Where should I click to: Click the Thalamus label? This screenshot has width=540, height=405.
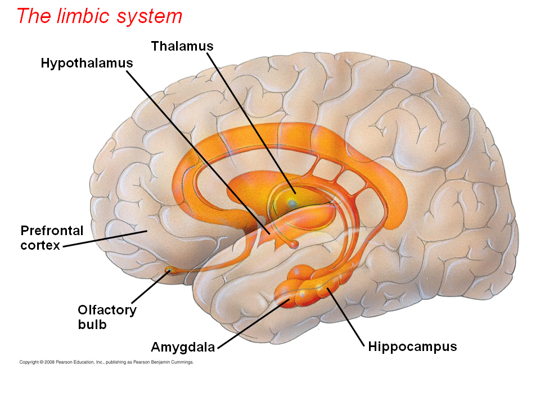click(x=182, y=46)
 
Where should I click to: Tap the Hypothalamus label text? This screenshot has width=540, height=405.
click(x=87, y=62)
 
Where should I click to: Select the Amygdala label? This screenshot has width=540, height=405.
click(x=183, y=346)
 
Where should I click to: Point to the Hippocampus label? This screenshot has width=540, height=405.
click(x=412, y=346)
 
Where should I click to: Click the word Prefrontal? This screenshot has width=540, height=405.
click(x=52, y=230)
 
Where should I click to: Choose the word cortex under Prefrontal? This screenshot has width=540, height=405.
click(x=39, y=245)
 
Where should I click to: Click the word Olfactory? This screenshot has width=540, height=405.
click(x=107, y=309)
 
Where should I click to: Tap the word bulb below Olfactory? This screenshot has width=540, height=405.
click(x=92, y=325)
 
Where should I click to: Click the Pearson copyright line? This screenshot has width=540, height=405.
click(x=106, y=362)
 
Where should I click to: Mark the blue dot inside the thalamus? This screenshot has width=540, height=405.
click(x=292, y=201)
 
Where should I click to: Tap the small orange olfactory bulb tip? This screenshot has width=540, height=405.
click(x=168, y=271)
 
